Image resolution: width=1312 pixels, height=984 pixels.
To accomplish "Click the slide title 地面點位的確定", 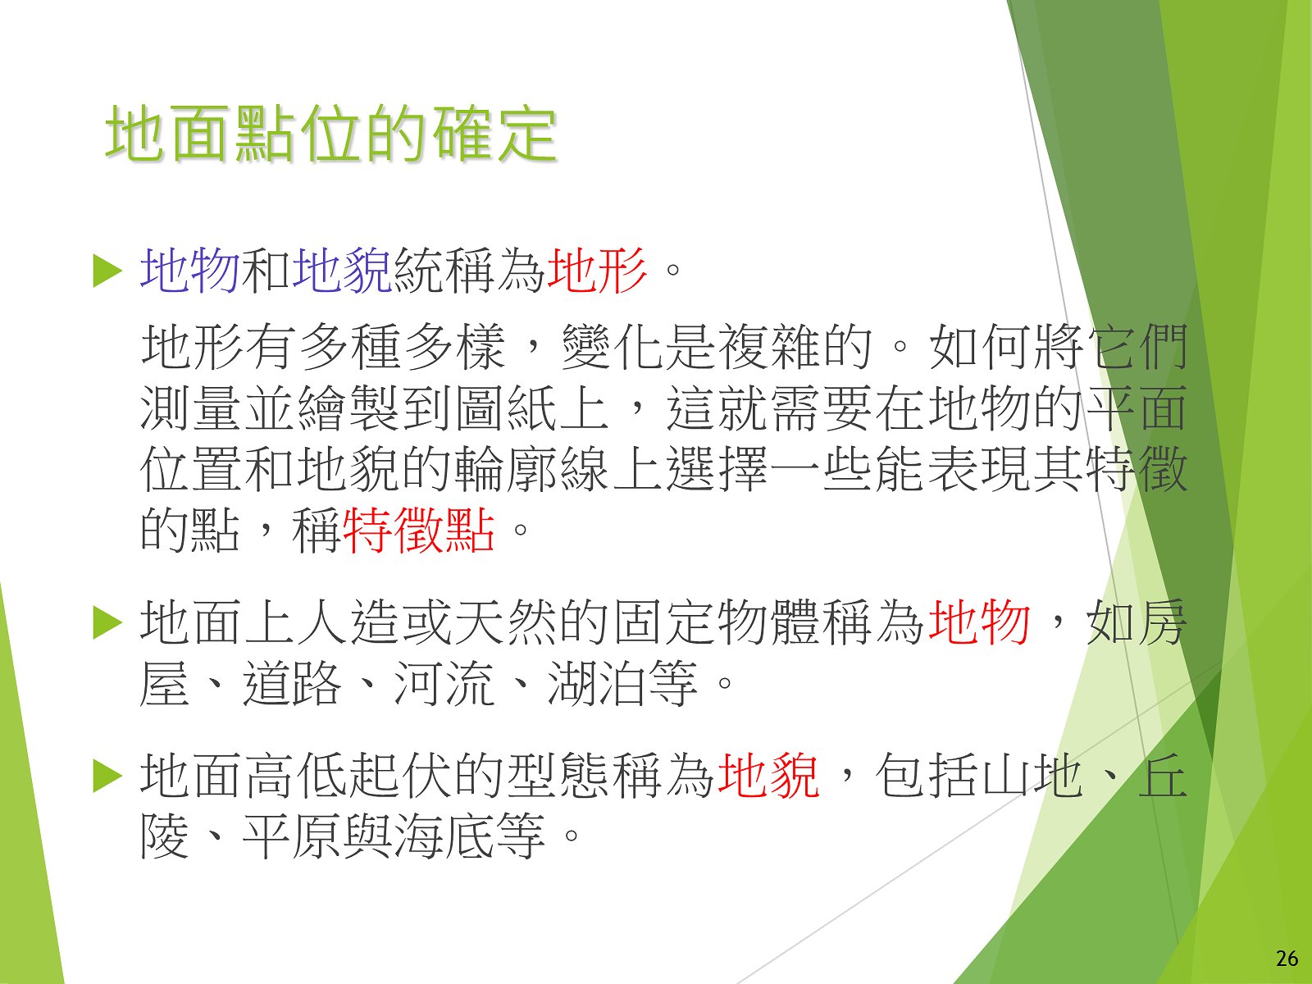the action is pyautogui.click(x=331, y=134).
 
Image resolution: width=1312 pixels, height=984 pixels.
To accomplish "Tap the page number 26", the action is pyautogui.click(x=1287, y=959).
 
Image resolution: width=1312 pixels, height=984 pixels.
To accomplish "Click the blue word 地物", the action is pyautogui.click(x=189, y=271).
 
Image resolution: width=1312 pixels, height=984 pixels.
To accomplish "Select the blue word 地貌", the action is pyautogui.click(x=342, y=271).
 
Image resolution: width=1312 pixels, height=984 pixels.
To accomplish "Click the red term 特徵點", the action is pyautogui.click(x=419, y=530).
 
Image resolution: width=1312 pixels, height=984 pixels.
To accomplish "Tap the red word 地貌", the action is pyautogui.click(x=768, y=776).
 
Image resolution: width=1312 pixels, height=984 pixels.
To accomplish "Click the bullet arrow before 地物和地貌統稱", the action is pyautogui.click(x=107, y=271).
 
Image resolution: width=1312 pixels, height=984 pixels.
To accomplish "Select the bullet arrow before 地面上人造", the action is pyautogui.click(x=107, y=623).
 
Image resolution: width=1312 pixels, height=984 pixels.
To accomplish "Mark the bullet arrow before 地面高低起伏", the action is pyautogui.click(x=107, y=777).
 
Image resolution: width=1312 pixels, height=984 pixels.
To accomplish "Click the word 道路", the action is pyautogui.click(x=292, y=683).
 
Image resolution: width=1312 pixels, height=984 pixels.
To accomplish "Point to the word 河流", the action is pyautogui.click(x=444, y=683).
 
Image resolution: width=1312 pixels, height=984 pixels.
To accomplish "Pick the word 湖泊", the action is pyautogui.click(x=596, y=683).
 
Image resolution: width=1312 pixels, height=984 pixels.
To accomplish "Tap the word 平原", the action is pyautogui.click(x=292, y=836).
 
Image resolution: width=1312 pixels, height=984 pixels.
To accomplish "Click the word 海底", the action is pyautogui.click(x=444, y=836).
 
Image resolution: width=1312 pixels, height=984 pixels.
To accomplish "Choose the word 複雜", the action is pyautogui.click(x=768, y=347).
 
